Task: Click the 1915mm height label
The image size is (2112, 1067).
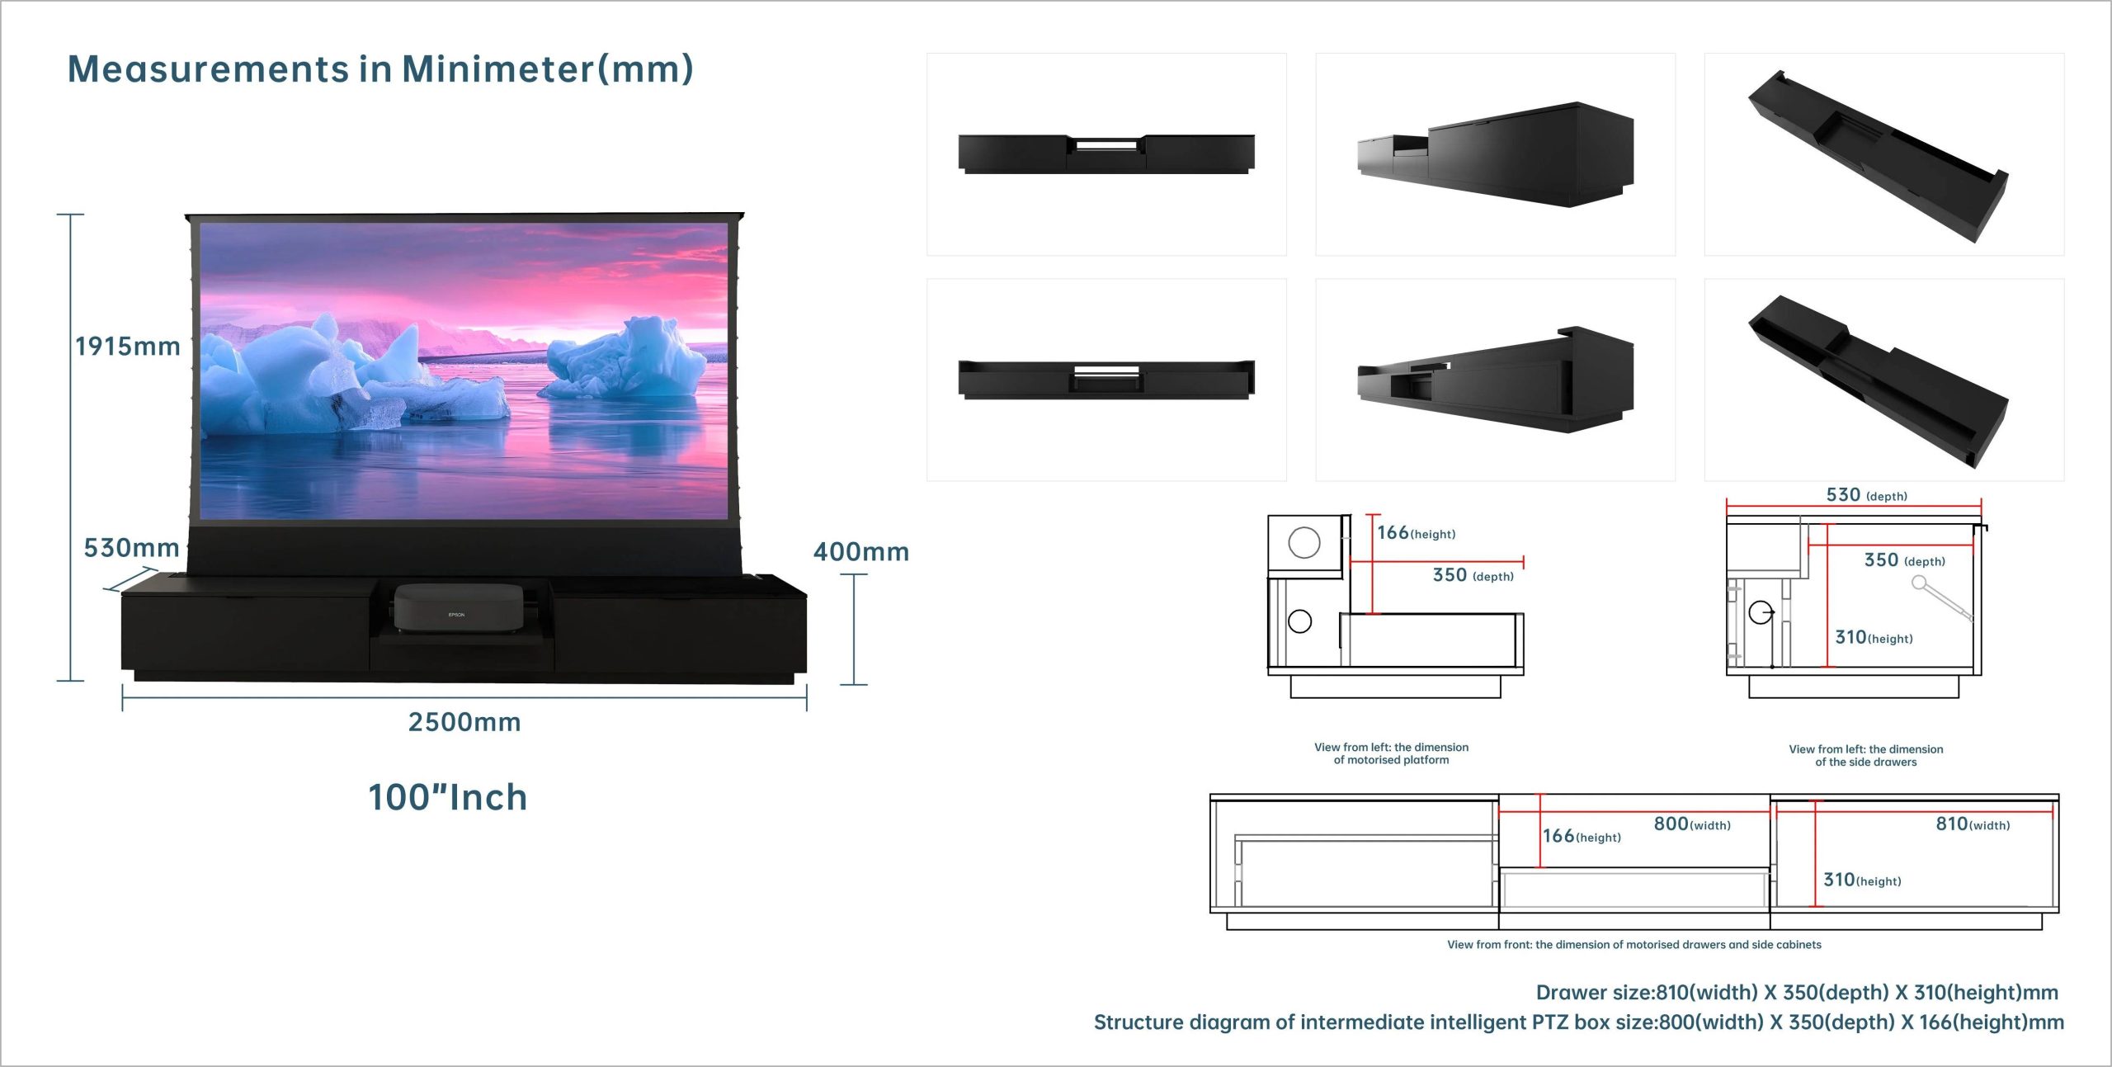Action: [128, 346]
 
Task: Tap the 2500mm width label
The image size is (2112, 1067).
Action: [464, 722]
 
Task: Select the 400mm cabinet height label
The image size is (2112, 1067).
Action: [860, 551]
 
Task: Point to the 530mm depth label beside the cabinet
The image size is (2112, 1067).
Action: [131, 547]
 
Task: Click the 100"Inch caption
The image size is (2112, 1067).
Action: [447, 797]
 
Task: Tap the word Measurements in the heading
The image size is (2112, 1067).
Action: [208, 68]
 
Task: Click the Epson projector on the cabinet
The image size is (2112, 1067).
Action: [458, 607]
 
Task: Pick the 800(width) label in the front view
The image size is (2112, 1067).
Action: [1691, 824]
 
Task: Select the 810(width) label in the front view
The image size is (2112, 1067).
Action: [1972, 824]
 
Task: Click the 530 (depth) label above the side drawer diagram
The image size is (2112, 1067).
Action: [1866, 495]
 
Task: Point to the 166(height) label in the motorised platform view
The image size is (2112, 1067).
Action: [1416, 533]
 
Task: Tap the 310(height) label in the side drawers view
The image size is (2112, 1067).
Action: [1874, 637]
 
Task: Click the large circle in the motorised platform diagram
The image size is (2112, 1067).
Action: [1304, 543]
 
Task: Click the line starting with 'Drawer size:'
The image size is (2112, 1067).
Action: [1796, 992]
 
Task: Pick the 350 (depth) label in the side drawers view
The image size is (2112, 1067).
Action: [1904, 560]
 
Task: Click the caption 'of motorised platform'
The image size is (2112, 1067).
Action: [1391, 760]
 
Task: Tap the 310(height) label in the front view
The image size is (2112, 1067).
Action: [1862, 880]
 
